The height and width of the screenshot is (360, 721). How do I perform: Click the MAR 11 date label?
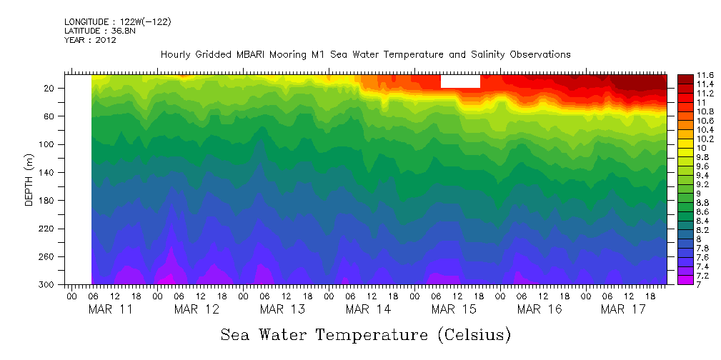[x=110, y=309]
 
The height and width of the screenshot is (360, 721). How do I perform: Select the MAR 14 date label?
[x=368, y=309]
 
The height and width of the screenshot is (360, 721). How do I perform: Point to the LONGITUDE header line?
[x=117, y=22]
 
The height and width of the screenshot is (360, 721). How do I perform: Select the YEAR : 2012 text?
[x=90, y=40]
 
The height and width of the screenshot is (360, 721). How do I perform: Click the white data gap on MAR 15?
[x=460, y=81]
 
